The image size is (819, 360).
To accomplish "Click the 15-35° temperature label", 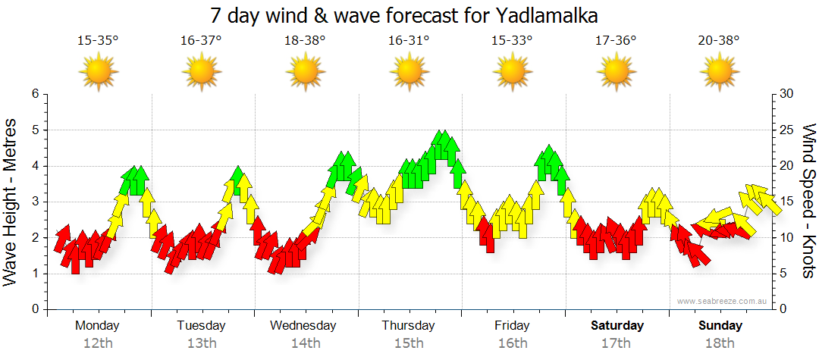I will tap(98, 41).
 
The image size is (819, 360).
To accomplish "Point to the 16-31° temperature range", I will tap(409, 41).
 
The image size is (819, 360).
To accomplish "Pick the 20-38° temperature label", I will tap(719, 41).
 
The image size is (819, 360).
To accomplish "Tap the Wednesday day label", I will tap(303, 326).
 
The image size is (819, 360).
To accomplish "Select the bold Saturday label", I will tap(617, 326).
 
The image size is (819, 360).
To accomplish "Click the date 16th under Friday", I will tap(513, 343).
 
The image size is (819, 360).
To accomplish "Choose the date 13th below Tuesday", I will tap(202, 343).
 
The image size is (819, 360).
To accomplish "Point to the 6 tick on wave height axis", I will tap(35, 94).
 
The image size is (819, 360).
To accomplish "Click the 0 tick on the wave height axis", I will tap(35, 309).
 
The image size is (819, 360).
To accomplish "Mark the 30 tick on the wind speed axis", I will tap(786, 94).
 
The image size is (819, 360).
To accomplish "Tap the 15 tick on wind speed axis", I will tap(786, 202).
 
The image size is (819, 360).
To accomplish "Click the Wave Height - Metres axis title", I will tap(11, 202).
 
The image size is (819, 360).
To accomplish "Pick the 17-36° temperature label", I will tap(616, 41).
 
